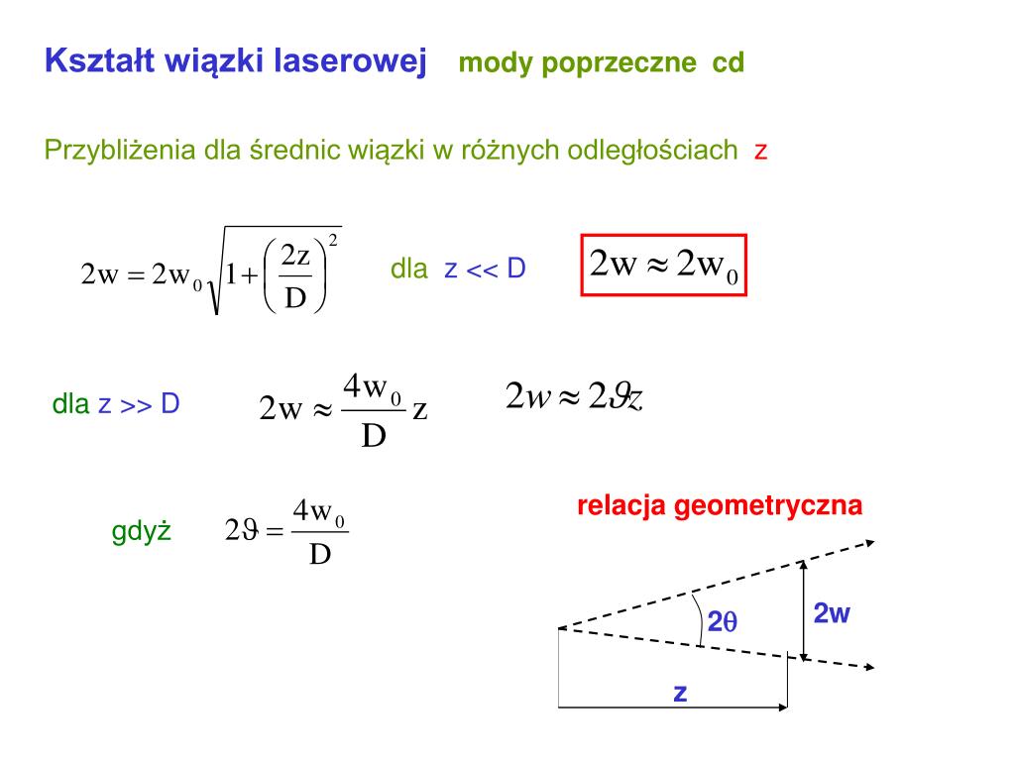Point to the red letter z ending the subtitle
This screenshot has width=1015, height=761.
pyautogui.click(x=761, y=152)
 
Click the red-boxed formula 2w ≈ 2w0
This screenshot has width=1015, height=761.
pyautogui.click(x=663, y=267)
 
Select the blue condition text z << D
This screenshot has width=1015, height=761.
pyautogui.click(x=485, y=269)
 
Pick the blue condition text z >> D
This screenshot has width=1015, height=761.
pyautogui.click(x=139, y=404)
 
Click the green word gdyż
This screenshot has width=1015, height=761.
pyautogui.click(x=142, y=532)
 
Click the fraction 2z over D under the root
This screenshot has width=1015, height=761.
pyautogui.click(x=296, y=276)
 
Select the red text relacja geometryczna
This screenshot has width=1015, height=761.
pyautogui.click(x=720, y=506)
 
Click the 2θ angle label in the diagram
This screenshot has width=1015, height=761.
pyautogui.click(x=723, y=623)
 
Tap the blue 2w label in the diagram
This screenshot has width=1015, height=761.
pyautogui.click(x=832, y=613)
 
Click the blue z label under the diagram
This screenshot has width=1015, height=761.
pyautogui.click(x=680, y=693)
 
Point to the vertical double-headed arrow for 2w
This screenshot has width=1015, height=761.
pyautogui.click(x=804, y=608)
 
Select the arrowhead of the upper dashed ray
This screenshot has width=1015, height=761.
pyautogui.click(x=869, y=542)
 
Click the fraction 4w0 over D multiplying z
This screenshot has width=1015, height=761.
pyautogui.click(x=373, y=409)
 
